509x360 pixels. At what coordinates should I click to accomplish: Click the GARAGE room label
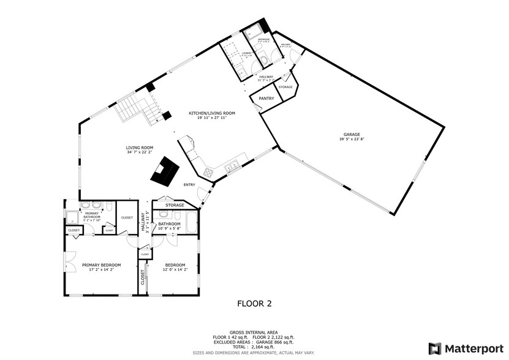pyautogui.click(x=352, y=134)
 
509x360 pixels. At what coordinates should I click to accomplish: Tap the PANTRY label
pyautogui.click(x=266, y=98)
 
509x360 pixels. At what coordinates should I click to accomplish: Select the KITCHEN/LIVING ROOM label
pyautogui.click(x=212, y=113)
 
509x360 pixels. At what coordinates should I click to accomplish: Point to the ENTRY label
pyautogui.click(x=190, y=184)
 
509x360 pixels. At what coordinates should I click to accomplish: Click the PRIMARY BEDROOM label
pyautogui.click(x=102, y=264)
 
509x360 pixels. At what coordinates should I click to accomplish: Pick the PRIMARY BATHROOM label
pyautogui.click(x=92, y=216)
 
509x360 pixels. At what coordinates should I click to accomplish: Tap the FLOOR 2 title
pyautogui.click(x=254, y=303)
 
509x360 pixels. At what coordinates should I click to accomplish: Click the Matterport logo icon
pyautogui.click(x=434, y=348)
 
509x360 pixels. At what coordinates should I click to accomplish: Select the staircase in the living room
pyautogui.click(x=134, y=109)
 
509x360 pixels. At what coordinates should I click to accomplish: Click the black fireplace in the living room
pyautogui.click(x=165, y=172)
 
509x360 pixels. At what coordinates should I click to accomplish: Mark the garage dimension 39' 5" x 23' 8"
pyautogui.click(x=352, y=139)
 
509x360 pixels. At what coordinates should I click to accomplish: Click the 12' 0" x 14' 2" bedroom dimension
pyautogui.click(x=175, y=269)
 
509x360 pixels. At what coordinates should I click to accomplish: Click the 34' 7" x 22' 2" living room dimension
pyautogui.click(x=140, y=152)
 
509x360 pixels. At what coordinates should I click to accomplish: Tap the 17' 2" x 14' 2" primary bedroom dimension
pyautogui.click(x=102, y=269)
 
